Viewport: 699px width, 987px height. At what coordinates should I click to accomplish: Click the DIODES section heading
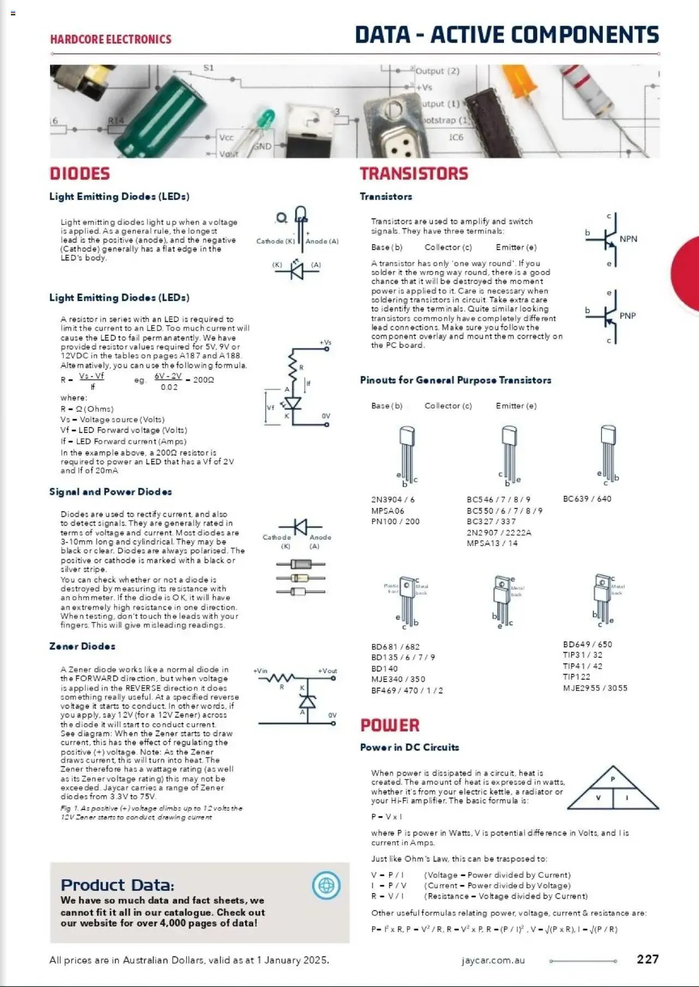click(80, 174)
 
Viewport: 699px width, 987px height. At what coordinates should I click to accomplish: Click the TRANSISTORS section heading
click(413, 174)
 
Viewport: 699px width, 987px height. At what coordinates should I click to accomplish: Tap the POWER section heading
click(389, 725)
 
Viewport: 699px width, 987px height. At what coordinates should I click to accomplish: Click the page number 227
click(648, 959)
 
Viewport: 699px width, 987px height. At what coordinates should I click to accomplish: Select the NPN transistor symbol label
click(628, 239)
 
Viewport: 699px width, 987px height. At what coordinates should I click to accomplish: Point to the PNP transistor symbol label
click(627, 316)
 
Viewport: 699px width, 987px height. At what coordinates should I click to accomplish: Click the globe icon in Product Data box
click(326, 885)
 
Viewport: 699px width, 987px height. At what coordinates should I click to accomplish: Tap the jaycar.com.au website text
click(493, 960)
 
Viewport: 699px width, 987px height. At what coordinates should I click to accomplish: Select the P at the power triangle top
click(613, 779)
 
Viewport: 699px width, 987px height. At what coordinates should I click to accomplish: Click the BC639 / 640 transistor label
click(587, 499)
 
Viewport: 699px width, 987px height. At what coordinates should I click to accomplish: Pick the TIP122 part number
click(576, 677)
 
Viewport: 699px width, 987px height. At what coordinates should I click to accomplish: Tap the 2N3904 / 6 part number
click(393, 499)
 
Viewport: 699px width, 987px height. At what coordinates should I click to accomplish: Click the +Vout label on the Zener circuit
click(327, 671)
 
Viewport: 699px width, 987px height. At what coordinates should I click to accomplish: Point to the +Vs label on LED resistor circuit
click(325, 342)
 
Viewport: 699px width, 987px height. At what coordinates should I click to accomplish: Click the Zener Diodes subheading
click(82, 646)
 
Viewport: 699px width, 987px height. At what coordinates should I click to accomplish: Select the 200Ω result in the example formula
click(203, 380)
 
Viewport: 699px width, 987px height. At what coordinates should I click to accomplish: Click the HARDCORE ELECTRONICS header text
click(110, 39)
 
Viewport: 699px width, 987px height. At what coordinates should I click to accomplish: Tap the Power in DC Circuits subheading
click(409, 747)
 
